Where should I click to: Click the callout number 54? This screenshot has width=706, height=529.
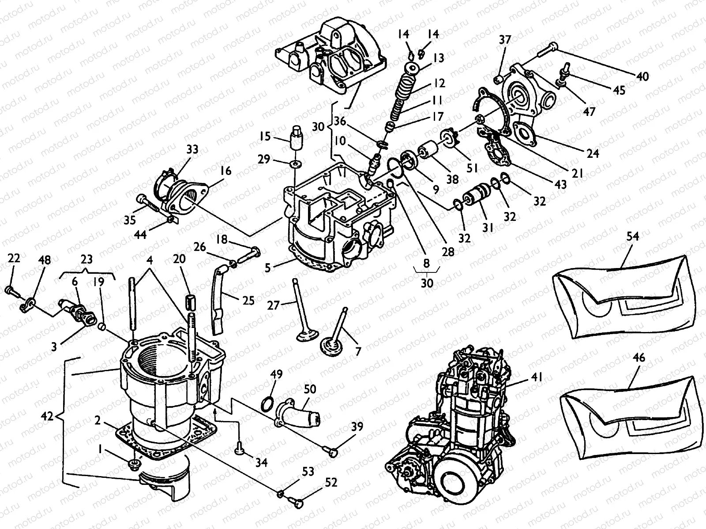pyautogui.click(x=632, y=236)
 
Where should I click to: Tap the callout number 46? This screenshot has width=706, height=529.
pyautogui.click(x=638, y=358)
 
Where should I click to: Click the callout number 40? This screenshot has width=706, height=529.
pyautogui.click(x=642, y=76)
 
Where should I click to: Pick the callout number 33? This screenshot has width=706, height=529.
pyautogui.click(x=192, y=149)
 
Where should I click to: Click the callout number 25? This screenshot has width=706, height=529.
pyautogui.click(x=248, y=301)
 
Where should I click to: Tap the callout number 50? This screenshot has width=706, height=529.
pyautogui.click(x=310, y=389)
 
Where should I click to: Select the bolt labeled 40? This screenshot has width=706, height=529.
pyautogui.click(x=546, y=50)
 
